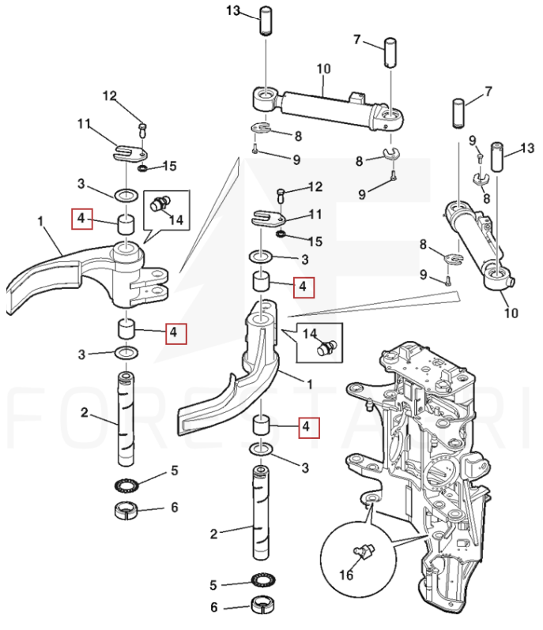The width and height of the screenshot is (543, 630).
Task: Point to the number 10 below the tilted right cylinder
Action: click(x=511, y=313)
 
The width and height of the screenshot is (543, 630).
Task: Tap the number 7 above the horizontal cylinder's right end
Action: click(x=356, y=39)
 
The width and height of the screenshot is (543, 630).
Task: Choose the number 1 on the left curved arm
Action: click(x=40, y=222)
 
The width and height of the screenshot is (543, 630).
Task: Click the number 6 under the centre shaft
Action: click(x=213, y=608)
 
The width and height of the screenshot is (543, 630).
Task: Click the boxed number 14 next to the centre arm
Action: click(x=308, y=333)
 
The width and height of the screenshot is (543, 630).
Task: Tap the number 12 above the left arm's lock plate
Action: click(x=109, y=96)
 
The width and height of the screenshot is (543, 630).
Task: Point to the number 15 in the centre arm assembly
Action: click(x=315, y=240)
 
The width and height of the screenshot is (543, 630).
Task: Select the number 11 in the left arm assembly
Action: click(x=85, y=124)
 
